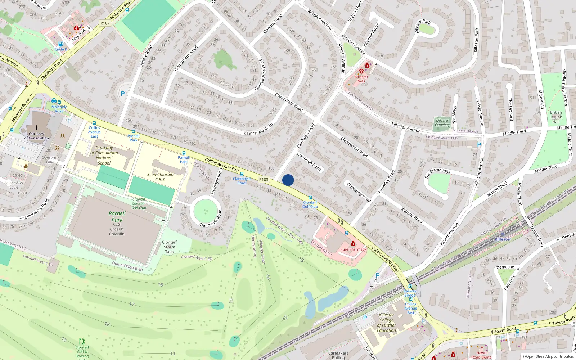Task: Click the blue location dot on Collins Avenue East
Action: (288, 180)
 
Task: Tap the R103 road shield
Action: (264, 179)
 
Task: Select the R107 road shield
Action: (105, 23)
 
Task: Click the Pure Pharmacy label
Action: (353, 249)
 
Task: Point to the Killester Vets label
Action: (361, 79)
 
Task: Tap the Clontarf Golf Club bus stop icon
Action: (310, 198)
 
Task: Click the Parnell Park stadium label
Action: (117, 217)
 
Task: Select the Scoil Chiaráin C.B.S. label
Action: (160, 177)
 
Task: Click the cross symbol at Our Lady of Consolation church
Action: (36, 127)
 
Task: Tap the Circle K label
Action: (60, 49)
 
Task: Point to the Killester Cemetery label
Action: (442, 123)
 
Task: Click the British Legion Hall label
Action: (555, 117)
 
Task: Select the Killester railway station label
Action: (503, 239)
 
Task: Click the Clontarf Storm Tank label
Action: (169, 247)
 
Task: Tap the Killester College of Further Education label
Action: (386, 323)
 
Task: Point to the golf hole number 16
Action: (161, 285)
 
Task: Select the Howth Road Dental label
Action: (482, 355)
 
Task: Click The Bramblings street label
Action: (437, 173)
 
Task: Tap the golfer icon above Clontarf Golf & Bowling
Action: (82, 341)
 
